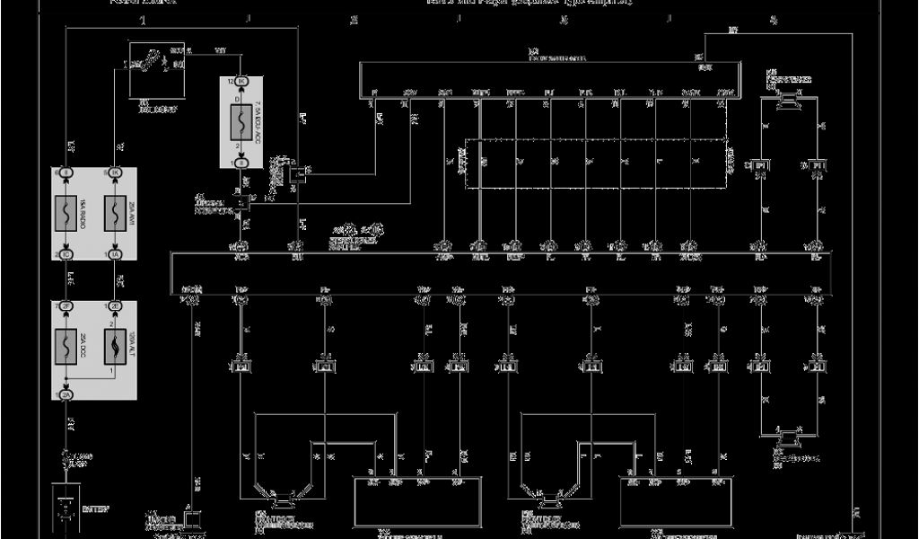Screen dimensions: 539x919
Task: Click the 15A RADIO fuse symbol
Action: click(x=68, y=213)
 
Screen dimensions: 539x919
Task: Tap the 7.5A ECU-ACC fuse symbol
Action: click(x=241, y=119)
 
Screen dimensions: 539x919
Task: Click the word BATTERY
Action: click(x=95, y=509)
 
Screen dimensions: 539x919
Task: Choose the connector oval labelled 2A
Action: click(x=66, y=394)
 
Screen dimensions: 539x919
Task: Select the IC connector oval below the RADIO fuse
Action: click(x=66, y=255)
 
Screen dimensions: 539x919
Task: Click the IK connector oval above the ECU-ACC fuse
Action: click(x=241, y=82)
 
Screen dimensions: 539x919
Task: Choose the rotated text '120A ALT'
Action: click(x=131, y=346)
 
